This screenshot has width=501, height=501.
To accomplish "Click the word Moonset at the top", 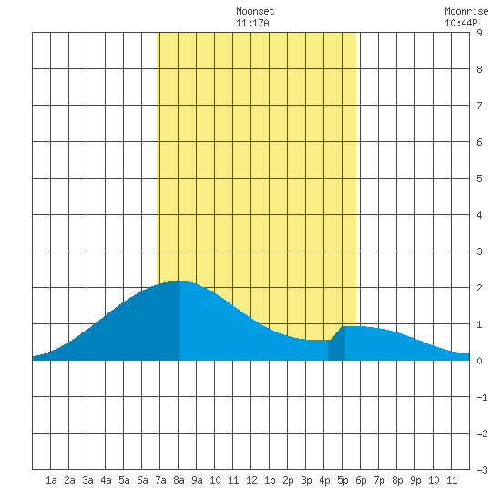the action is [x=255, y=11].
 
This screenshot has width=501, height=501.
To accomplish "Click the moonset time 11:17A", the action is [x=252, y=23].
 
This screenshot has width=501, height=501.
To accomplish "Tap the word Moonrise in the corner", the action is [x=466, y=11].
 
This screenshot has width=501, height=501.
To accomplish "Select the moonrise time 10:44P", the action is [x=461, y=23].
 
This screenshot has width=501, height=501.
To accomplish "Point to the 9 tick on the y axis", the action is [x=479, y=33].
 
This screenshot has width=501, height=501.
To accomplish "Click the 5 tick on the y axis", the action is [x=479, y=179].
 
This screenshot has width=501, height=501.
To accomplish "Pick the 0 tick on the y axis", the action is [x=479, y=361].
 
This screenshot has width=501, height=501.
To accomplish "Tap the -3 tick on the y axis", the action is [x=482, y=470].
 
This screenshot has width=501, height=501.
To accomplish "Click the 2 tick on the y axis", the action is [x=479, y=288].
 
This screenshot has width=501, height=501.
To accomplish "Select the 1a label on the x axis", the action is [x=51, y=480].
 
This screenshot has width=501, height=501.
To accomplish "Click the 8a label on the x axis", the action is [x=179, y=480].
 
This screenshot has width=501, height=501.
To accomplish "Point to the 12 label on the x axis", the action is [x=251, y=480].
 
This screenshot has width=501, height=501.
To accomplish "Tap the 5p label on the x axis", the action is [x=343, y=480].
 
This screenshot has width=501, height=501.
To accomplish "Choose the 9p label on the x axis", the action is [x=415, y=480].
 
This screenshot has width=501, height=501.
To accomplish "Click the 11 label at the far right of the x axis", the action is [x=452, y=480].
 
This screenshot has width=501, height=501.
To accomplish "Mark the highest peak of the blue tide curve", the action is [x=179, y=281].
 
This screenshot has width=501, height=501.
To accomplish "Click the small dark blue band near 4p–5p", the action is [x=336, y=344].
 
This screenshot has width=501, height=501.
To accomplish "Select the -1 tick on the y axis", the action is [x=482, y=397].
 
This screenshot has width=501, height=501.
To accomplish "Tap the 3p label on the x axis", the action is [x=306, y=480].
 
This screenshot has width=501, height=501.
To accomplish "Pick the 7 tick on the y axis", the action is [x=479, y=106].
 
